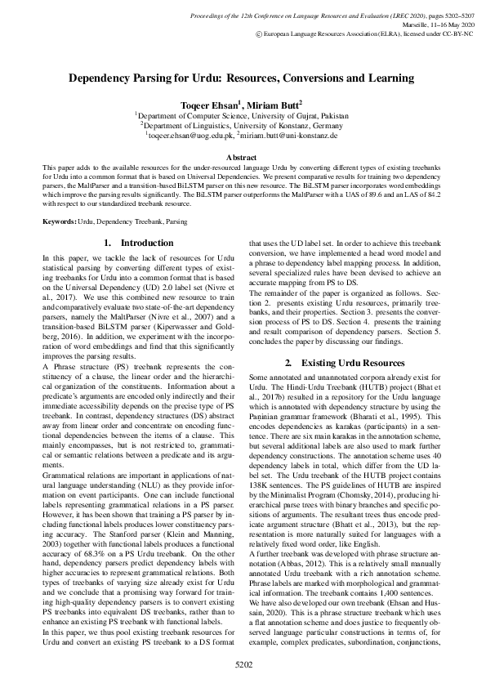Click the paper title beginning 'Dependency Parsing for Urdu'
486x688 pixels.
[x=243, y=79]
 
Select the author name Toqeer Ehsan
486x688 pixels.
[x=206, y=105]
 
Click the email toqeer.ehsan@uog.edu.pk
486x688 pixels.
[x=193, y=136]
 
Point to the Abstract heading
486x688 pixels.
[x=243, y=155]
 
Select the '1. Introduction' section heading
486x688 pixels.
[x=140, y=243]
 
